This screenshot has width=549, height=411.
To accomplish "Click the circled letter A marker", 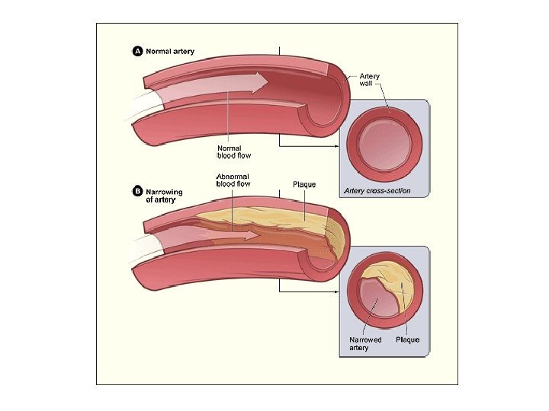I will [x=138, y=52].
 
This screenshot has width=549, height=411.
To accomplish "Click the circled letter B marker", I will [x=138, y=192].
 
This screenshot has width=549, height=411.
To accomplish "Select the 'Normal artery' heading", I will [x=170, y=52].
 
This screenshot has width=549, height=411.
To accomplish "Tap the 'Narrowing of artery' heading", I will [x=164, y=196].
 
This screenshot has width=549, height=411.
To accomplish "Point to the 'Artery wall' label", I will [x=370, y=80].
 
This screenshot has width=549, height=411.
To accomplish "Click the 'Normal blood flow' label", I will [x=234, y=151].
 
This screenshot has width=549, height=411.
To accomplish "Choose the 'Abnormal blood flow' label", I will [x=233, y=180].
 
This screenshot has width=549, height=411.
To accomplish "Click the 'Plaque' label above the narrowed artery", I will [x=304, y=185].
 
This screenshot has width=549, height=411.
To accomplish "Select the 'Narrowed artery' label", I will [x=365, y=344].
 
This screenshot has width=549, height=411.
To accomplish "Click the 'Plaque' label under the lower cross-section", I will [x=407, y=339].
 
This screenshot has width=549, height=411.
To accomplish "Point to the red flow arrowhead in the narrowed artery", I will [x=252, y=235].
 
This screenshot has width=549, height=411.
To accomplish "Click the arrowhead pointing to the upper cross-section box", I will [x=335, y=145].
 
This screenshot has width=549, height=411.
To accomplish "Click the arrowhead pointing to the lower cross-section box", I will [x=335, y=290].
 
